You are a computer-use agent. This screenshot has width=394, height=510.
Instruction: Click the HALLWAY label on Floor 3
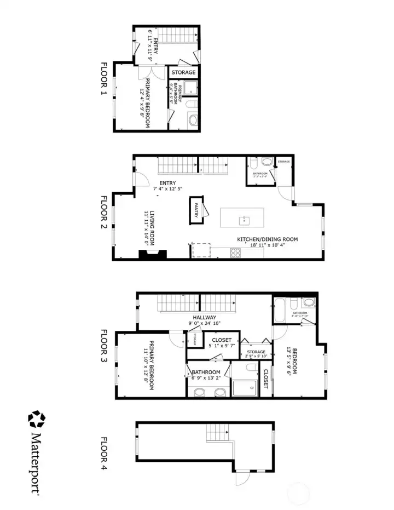(204, 318)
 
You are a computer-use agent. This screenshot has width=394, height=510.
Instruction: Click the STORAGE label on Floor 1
(183, 72)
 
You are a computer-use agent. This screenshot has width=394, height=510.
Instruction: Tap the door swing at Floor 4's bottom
(242, 479)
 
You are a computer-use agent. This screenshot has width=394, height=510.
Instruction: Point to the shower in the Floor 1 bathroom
(189, 88)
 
